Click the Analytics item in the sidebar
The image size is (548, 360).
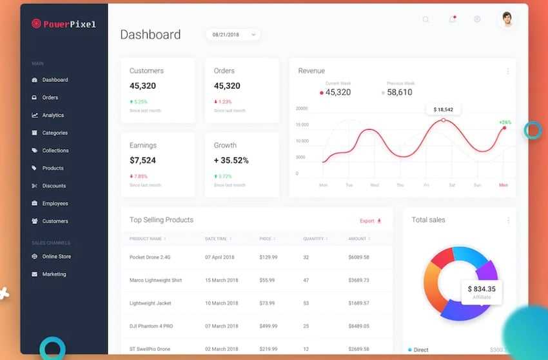click(53, 115)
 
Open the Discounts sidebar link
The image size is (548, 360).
click(54, 186)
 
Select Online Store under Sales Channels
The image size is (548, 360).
click(56, 257)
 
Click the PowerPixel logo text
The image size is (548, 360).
click(69, 25)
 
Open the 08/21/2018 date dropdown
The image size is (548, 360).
click(233, 34)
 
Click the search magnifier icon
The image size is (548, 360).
click(426, 19)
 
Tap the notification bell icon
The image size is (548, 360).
click(452, 19)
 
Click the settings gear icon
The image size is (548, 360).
click(477, 19)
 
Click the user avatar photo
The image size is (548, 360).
click(507, 19)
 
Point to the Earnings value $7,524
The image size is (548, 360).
click(142, 161)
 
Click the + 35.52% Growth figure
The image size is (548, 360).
click(231, 161)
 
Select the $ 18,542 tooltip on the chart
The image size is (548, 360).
click(443, 110)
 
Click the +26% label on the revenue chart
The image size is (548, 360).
click(505, 122)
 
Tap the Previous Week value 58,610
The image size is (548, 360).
click(400, 92)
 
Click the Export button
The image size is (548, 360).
click(370, 221)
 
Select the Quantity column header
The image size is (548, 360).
click(314, 239)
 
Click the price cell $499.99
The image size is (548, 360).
click(268, 326)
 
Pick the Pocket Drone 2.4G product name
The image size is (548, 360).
click(150, 257)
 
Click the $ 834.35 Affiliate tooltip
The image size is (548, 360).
click(482, 291)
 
